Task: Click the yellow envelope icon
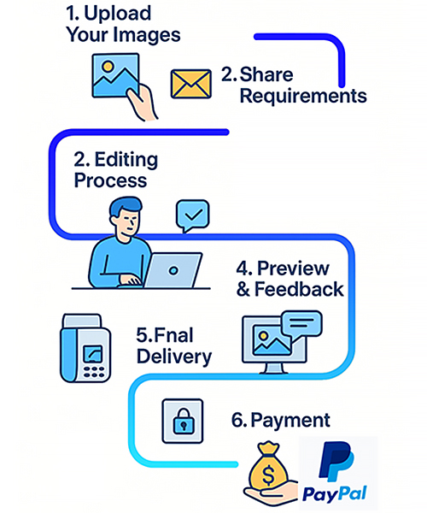coord(191,84)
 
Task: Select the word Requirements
coord(302,96)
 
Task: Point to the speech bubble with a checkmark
coord(192,214)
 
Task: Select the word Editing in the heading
coord(126,160)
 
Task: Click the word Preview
coord(293,266)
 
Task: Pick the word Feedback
coord(301,289)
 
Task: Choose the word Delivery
coord(173,355)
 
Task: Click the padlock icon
coord(182,420)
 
